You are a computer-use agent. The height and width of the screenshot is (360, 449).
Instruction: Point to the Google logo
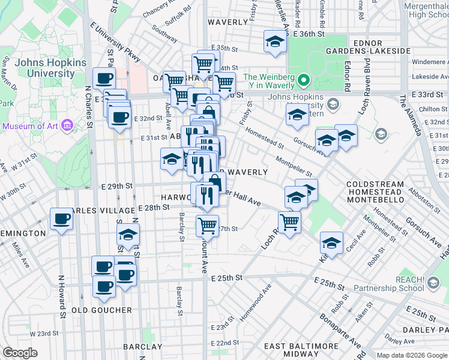point(20,353)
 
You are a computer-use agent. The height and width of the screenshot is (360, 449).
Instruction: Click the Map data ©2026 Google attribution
point(411,355)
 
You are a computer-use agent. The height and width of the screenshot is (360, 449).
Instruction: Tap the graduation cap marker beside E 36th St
point(274,43)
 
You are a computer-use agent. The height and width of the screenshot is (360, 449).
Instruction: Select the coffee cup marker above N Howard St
point(61,220)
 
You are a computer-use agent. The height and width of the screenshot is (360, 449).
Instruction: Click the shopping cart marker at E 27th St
point(207,226)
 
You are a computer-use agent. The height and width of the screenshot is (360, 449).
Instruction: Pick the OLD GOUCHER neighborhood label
point(101,310)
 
